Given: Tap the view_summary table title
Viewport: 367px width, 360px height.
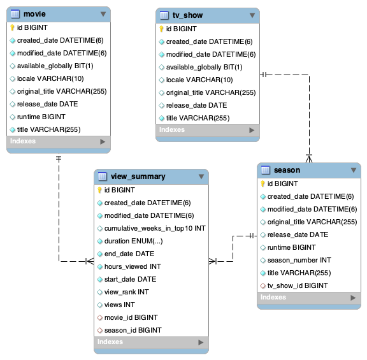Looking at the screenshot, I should (x=138, y=176).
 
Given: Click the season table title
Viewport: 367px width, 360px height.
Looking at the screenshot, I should (x=287, y=170).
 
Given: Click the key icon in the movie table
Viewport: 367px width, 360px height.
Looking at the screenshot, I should (x=12, y=28).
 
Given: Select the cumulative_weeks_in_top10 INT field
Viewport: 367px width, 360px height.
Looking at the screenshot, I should (x=155, y=228).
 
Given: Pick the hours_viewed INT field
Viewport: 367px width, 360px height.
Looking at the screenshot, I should (x=131, y=266).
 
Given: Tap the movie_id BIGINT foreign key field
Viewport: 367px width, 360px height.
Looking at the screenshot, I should (x=131, y=317).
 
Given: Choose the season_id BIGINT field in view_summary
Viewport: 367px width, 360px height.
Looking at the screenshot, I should (x=133, y=330).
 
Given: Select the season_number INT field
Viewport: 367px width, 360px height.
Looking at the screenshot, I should (x=299, y=260).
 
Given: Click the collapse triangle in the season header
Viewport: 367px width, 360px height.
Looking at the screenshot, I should (x=354, y=170).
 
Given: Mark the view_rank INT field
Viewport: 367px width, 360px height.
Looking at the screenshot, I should (x=126, y=292).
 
